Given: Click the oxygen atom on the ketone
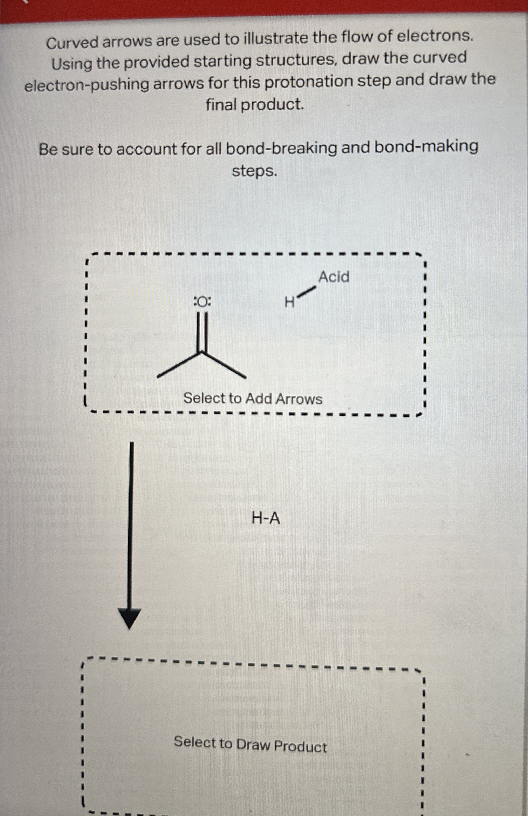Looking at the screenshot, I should (x=202, y=302).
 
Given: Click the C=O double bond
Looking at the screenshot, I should (x=202, y=333).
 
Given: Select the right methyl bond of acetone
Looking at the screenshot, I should (x=225, y=365).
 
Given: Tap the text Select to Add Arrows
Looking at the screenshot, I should (x=253, y=398).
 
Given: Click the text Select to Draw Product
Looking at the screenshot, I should (x=250, y=745).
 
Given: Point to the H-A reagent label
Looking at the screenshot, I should (x=266, y=518).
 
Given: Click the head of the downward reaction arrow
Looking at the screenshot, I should (x=130, y=618).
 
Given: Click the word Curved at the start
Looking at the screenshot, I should (x=73, y=43).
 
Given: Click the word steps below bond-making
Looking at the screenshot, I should (x=254, y=171).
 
